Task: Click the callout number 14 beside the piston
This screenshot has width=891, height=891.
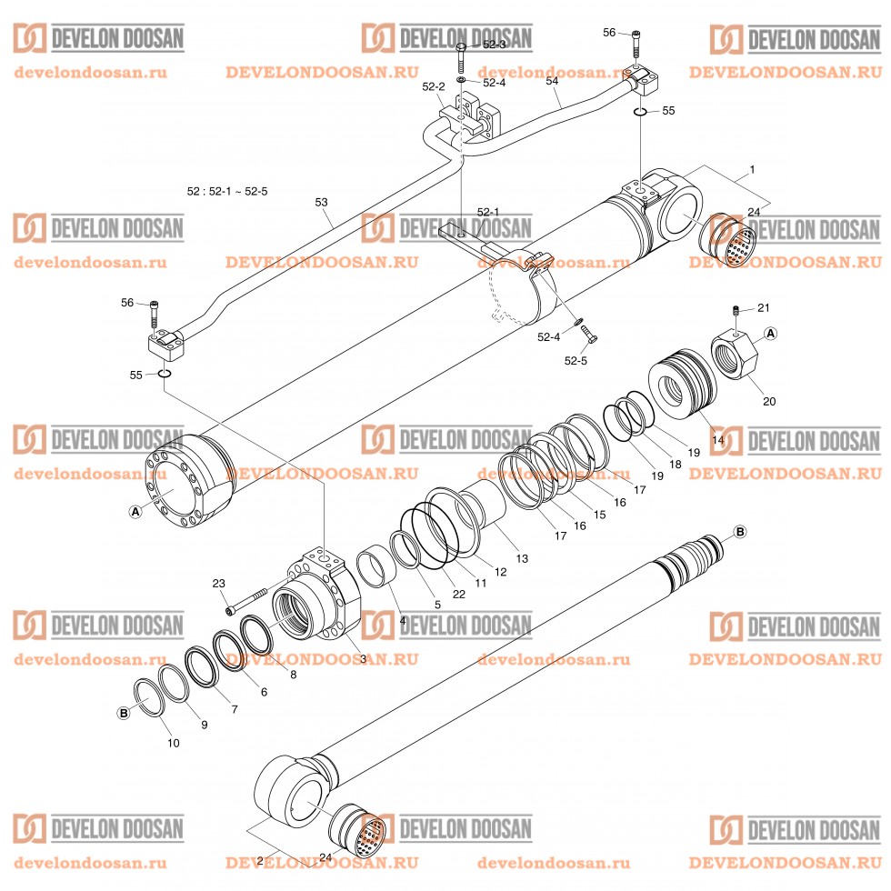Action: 717,440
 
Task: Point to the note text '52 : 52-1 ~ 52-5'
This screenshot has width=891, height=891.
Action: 227,191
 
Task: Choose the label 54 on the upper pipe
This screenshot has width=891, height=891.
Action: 552,81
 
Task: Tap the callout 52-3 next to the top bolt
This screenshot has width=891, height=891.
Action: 494,45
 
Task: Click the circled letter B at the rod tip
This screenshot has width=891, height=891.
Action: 739,531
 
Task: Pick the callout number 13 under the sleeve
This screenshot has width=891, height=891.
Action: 521,557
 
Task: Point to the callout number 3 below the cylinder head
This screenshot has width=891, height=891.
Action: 363,658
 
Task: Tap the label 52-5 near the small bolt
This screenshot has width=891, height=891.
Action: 576,359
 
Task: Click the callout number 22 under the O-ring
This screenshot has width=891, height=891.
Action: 458,594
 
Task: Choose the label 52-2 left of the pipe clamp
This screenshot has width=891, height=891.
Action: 434,86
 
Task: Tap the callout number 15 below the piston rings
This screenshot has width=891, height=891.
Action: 599,514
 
